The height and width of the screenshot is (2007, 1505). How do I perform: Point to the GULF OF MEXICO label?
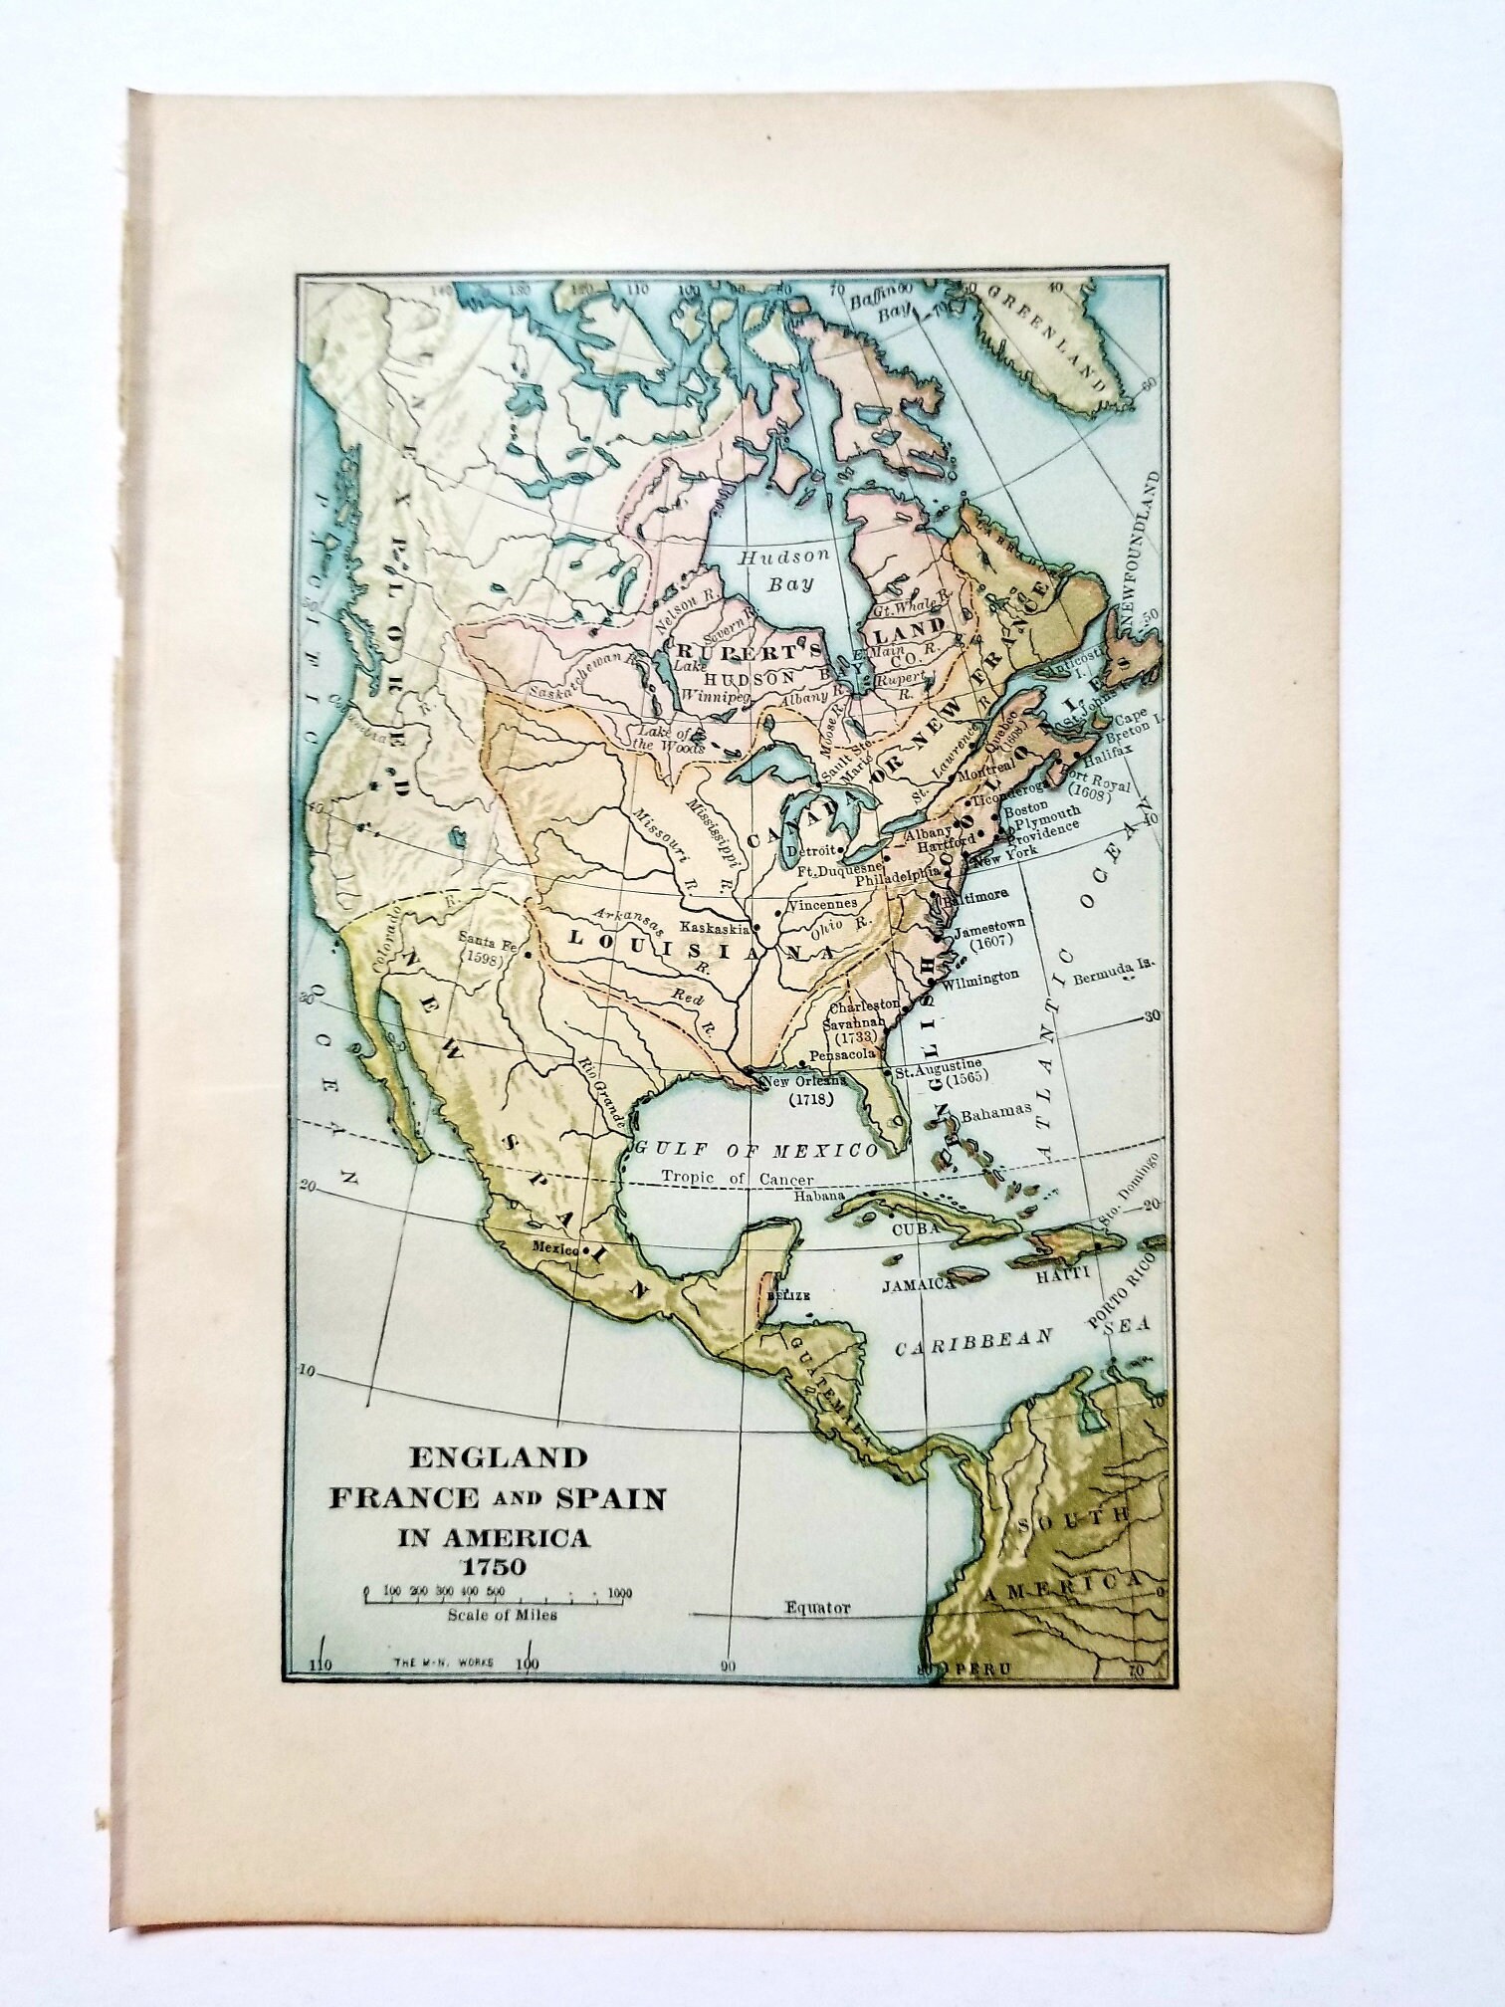tap(757, 1150)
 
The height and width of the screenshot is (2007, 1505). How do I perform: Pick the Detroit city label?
tap(807, 852)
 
